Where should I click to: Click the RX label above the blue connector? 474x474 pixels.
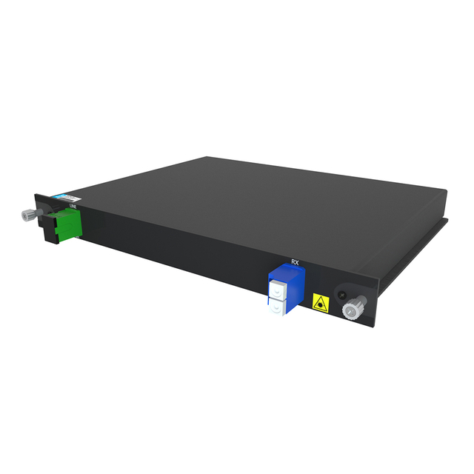pos(296,262)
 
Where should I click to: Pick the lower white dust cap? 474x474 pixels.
pos(275,307)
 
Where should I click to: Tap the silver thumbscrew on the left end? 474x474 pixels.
pos(27,216)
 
